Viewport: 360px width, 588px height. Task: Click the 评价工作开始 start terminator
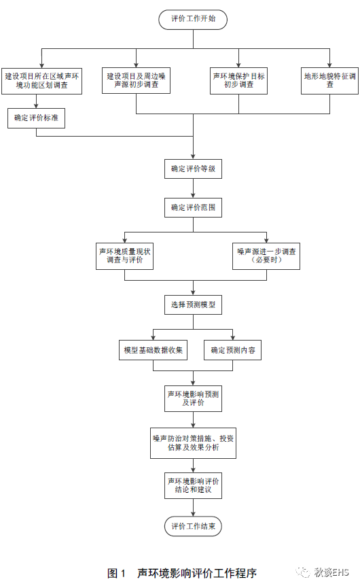coord(193,19)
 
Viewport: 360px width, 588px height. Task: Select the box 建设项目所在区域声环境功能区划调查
coord(41,81)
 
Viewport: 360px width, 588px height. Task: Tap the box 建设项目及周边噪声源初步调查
coord(136,81)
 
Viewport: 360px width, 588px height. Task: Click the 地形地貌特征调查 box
coord(329,80)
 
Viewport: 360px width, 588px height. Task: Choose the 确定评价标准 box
coord(36,118)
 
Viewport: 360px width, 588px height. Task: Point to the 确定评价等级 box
coord(193,169)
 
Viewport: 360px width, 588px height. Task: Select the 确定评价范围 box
coord(193,207)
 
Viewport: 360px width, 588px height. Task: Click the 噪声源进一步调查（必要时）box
coord(261,256)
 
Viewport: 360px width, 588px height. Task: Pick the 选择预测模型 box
coord(193,305)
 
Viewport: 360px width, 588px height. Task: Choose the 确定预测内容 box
coord(233,350)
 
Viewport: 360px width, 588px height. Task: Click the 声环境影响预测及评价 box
coord(193,398)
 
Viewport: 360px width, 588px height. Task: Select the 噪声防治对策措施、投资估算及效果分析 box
coord(194,443)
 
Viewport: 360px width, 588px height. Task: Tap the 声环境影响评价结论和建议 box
coord(193,485)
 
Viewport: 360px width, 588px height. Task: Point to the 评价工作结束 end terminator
coord(193,526)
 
